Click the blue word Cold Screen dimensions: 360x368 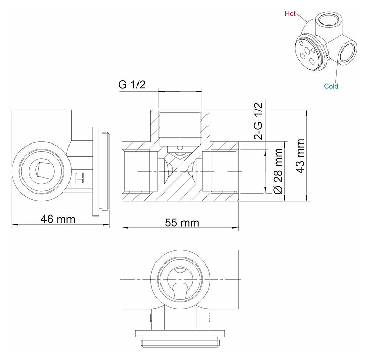(331, 86)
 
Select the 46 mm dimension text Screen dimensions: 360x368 (58, 219)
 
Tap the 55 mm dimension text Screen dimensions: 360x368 (182, 223)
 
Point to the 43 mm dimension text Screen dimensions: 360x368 (300, 156)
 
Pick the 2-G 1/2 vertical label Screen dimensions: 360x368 (258, 121)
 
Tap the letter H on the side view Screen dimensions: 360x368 (79, 179)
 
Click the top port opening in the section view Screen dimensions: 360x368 (180, 124)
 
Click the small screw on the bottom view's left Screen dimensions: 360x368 (152, 319)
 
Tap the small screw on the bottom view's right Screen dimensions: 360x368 (209, 319)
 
